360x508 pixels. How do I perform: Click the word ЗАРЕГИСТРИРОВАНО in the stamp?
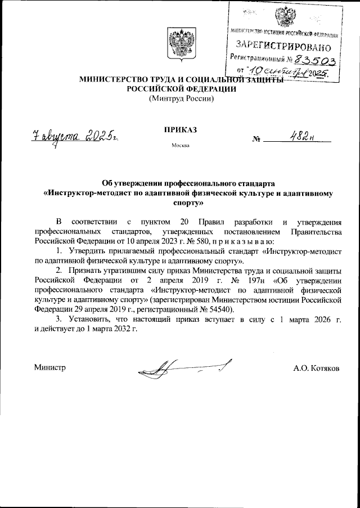[x=279, y=44]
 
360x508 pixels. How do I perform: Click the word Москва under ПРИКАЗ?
[x=180, y=146]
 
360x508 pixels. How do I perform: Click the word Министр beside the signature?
[x=50, y=368]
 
